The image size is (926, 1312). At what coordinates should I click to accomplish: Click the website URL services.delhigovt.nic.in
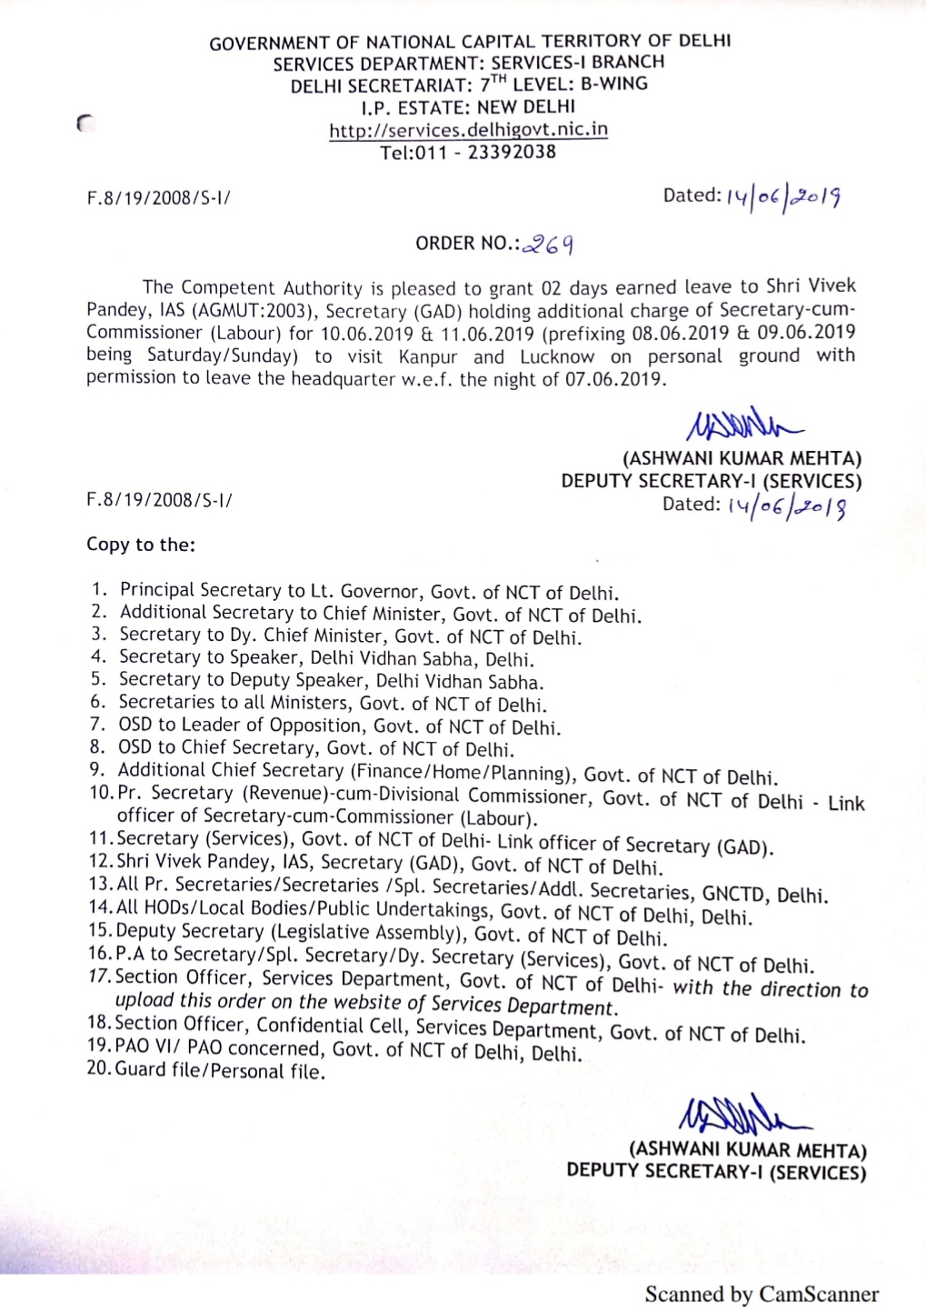click(x=468, y=129)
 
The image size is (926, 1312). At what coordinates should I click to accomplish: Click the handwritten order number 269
click(x=550, y=244)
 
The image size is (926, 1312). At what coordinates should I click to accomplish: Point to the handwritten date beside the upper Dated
click(x=783, y=196)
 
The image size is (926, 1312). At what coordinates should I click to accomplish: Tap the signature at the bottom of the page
click(x=743, y=1114)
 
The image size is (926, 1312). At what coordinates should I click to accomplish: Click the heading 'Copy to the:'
click(x=141, y=545)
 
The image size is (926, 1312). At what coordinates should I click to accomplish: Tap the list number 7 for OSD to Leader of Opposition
click(x=97, y=725)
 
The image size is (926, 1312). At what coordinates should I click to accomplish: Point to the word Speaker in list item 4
click(x=264, y=657)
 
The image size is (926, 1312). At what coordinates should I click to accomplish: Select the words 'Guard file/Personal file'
click(x=219, y=1071)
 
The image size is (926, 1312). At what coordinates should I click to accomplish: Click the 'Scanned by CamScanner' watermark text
click(x=762, y=1294)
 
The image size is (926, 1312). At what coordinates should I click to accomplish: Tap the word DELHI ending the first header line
click(x=704, y=41)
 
